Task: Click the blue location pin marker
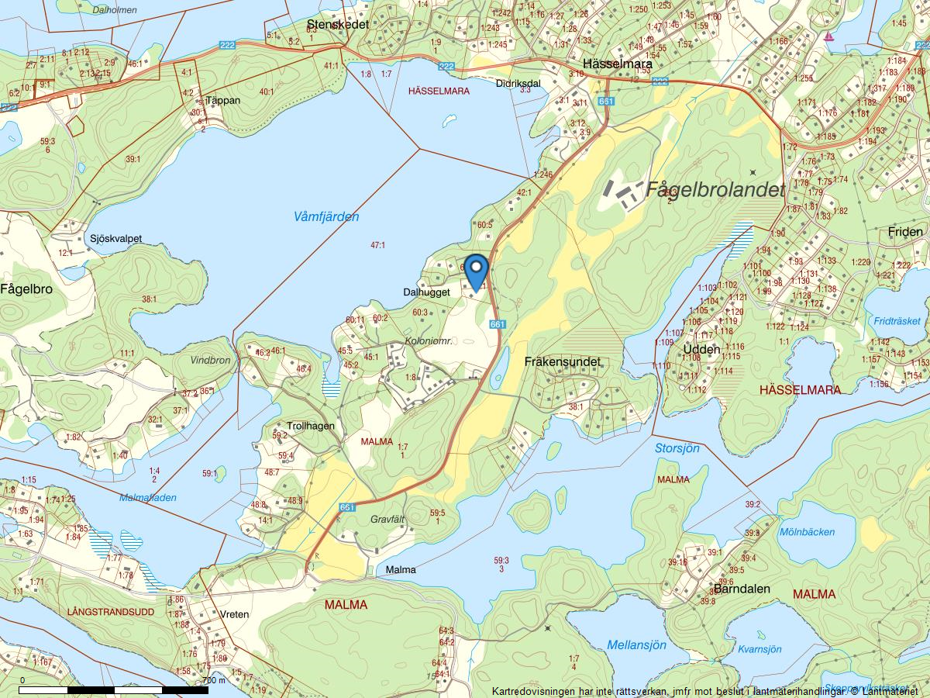[476, 271]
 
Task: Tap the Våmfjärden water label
[326, 217]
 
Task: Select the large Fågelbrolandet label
[715, 189]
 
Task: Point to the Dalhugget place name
[426, 292]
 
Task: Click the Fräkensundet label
[563, 361]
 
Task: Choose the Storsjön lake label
[677, 448]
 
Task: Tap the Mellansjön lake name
[636, 644]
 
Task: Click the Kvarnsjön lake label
[759, 649]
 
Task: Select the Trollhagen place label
[311, 426]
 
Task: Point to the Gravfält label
[388, 519]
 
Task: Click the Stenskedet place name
[338, 25]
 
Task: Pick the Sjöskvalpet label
[115, 238]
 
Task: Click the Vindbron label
[211, 361]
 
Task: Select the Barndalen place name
[742, 589]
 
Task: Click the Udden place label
[702, 350]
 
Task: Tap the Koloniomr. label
[429, 340]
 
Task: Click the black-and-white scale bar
[114, 689]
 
